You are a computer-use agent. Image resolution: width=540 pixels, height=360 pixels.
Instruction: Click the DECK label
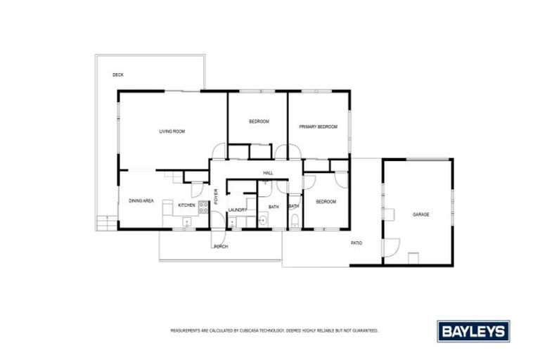[118, 75]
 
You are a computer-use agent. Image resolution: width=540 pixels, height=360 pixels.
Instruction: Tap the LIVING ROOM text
[172, 131]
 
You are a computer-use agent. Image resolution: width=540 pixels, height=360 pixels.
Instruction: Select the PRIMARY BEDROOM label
[318, 127]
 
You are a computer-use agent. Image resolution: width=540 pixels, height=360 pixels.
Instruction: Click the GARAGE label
[420, 214]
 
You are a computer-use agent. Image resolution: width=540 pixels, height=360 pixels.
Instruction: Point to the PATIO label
[356, 243]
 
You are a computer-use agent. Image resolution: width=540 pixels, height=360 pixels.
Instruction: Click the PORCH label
[221, 247]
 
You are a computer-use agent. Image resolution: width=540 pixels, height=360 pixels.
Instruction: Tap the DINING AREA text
[141, 201]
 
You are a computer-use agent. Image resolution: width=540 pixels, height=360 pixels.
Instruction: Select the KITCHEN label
[186, 205]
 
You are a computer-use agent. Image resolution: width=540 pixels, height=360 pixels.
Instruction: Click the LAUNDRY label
[236, 210]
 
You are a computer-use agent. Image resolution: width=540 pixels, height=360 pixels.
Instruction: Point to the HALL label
[268, 173]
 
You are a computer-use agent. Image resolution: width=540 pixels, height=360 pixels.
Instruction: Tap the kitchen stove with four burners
[202, 207]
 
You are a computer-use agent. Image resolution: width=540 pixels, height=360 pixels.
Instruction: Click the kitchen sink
[186, 222]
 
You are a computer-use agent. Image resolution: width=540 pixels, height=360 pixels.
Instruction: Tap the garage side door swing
[390, 247]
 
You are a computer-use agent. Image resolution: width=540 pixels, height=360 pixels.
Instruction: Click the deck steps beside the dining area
[105, 222]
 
